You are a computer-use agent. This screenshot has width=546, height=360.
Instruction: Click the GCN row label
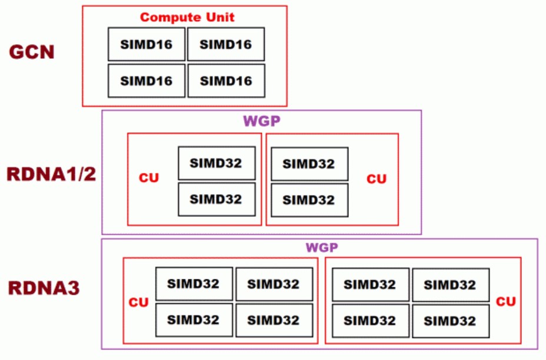coord(32,52)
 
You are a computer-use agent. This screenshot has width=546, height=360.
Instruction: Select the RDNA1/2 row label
coord(51,175)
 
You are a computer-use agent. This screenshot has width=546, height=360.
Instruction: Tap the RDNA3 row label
coord(44,288)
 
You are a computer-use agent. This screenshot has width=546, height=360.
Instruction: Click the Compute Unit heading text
coord(187,17)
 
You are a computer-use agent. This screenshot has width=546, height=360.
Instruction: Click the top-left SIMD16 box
coord(147,44)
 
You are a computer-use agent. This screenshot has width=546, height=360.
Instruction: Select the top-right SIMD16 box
coord(225,44)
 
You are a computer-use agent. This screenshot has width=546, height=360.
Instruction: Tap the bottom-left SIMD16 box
coord(147,81)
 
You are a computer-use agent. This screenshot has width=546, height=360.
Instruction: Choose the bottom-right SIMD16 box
coord(225,81)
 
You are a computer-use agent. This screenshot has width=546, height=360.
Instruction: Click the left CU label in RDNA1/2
coord(149,178)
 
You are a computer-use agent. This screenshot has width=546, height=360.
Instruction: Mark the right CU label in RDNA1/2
coord(377,179)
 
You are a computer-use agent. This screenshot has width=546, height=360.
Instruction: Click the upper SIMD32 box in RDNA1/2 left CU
coord(217,163)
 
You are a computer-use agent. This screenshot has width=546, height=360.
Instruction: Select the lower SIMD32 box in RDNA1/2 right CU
coord(309,200)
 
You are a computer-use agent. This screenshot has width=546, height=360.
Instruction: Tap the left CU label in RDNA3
coord(139,302)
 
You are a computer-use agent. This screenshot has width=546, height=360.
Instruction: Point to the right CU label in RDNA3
coord(506,302)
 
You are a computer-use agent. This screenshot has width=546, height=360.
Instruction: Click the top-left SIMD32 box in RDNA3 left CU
coord(194,284)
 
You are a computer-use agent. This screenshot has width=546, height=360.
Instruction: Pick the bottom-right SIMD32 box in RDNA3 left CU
coord(274,321)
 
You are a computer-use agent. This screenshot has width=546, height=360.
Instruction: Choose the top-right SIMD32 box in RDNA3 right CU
coord(450,285)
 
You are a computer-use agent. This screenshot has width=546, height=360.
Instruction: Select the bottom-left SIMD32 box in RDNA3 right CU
coord(370,321)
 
